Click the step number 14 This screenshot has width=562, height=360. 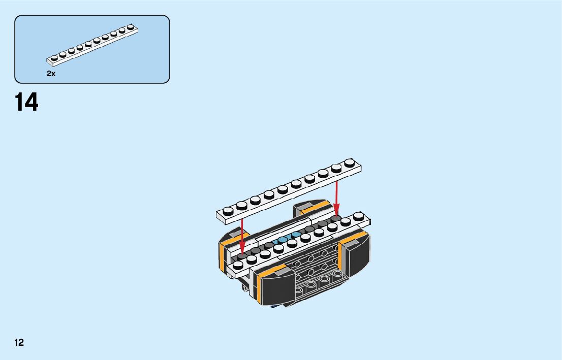[x=26, y=102]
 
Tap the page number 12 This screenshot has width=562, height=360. [x=19, y=342]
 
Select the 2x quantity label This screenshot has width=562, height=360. [x=51, y=74]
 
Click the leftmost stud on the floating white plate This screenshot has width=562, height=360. [x=228, y=209]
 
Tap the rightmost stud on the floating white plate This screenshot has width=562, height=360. [x=349, y=163]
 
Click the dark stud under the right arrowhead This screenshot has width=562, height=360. [x=335, y=218]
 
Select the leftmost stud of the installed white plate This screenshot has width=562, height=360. [x=238, y=264]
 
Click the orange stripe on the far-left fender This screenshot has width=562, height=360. [x=222, y=256]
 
